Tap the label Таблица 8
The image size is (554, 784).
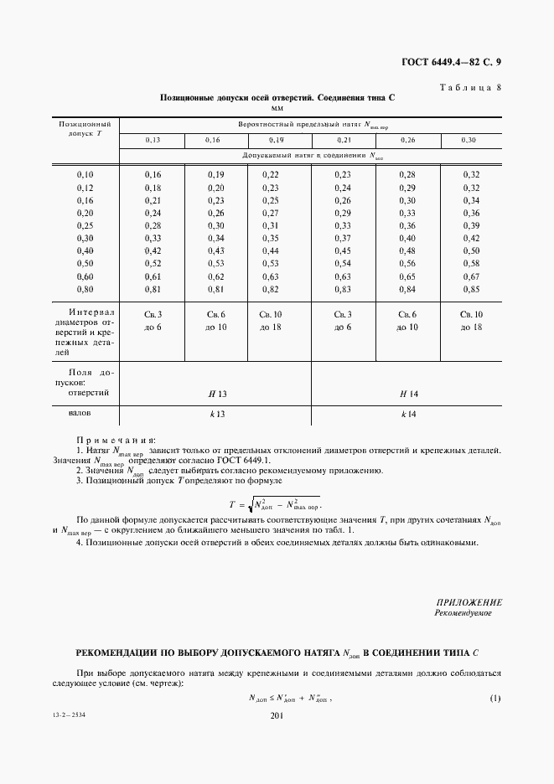[x=469, y=87]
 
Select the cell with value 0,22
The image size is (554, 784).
[x=270, y=174]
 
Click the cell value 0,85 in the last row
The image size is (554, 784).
[x=470, y=291]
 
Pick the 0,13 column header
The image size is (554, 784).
[x=153, y=140]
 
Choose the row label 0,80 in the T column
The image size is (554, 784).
[x=85, y=291]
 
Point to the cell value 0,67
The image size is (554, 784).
[x=470, y=276]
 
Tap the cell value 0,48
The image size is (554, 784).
[x=407, y=250]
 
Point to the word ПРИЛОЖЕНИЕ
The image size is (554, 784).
[x=469, y=602]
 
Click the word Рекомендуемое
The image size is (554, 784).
[x=463, y=613]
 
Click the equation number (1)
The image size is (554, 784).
[x=494, y=698]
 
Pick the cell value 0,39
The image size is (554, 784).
[x=470, y=225]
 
